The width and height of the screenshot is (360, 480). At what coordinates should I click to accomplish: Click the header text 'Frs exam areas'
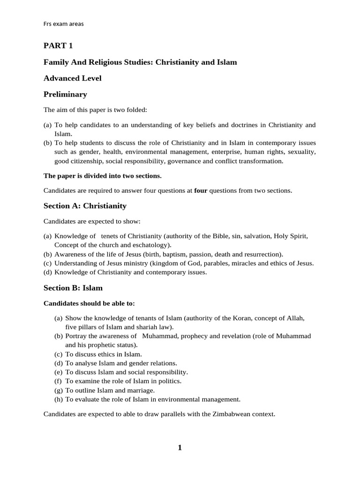(64, 24)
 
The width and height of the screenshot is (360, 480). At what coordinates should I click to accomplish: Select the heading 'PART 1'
(58, 45)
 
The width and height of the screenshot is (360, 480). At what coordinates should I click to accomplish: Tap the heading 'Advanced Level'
(72, 78)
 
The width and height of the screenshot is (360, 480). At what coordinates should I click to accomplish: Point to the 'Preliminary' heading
(65, 94)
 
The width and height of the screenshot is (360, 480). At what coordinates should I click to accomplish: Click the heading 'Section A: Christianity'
(85, 206)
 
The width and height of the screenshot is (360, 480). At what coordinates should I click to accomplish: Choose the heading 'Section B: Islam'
(73, 288)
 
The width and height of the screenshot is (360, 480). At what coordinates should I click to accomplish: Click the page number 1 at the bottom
(180, 448)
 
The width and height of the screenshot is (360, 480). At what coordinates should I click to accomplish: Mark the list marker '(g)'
(59, 390)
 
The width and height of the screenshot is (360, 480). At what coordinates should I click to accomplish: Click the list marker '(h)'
(59, 399)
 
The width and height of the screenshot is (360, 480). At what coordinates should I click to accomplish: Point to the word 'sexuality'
(301, 152)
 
